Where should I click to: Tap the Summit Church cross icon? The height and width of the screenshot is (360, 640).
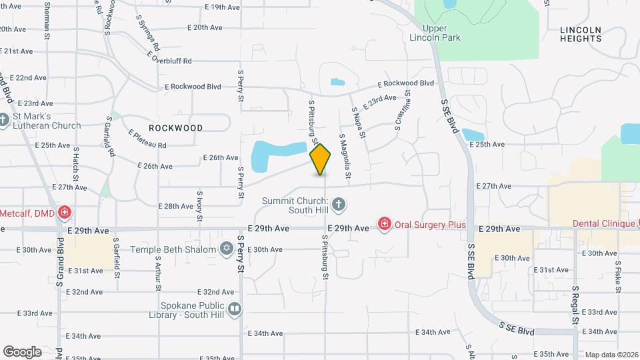point(339,204)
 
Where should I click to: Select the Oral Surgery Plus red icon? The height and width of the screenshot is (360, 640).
point(384,224)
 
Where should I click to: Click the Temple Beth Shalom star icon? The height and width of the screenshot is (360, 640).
point(226,249)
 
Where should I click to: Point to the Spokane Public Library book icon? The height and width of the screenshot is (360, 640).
point(234,309)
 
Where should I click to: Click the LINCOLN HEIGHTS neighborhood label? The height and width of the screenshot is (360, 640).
point(581,34)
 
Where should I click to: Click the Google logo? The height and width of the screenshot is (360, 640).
point(22,351)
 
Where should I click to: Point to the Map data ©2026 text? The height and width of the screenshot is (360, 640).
point(611,355)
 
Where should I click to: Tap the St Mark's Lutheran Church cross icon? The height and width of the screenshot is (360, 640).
point(4,121)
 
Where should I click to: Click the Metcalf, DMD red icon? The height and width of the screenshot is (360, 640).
point(65,213)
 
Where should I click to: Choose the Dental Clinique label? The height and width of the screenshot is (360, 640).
point(604,223)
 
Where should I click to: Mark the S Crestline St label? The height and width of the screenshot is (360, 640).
point(403,113)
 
